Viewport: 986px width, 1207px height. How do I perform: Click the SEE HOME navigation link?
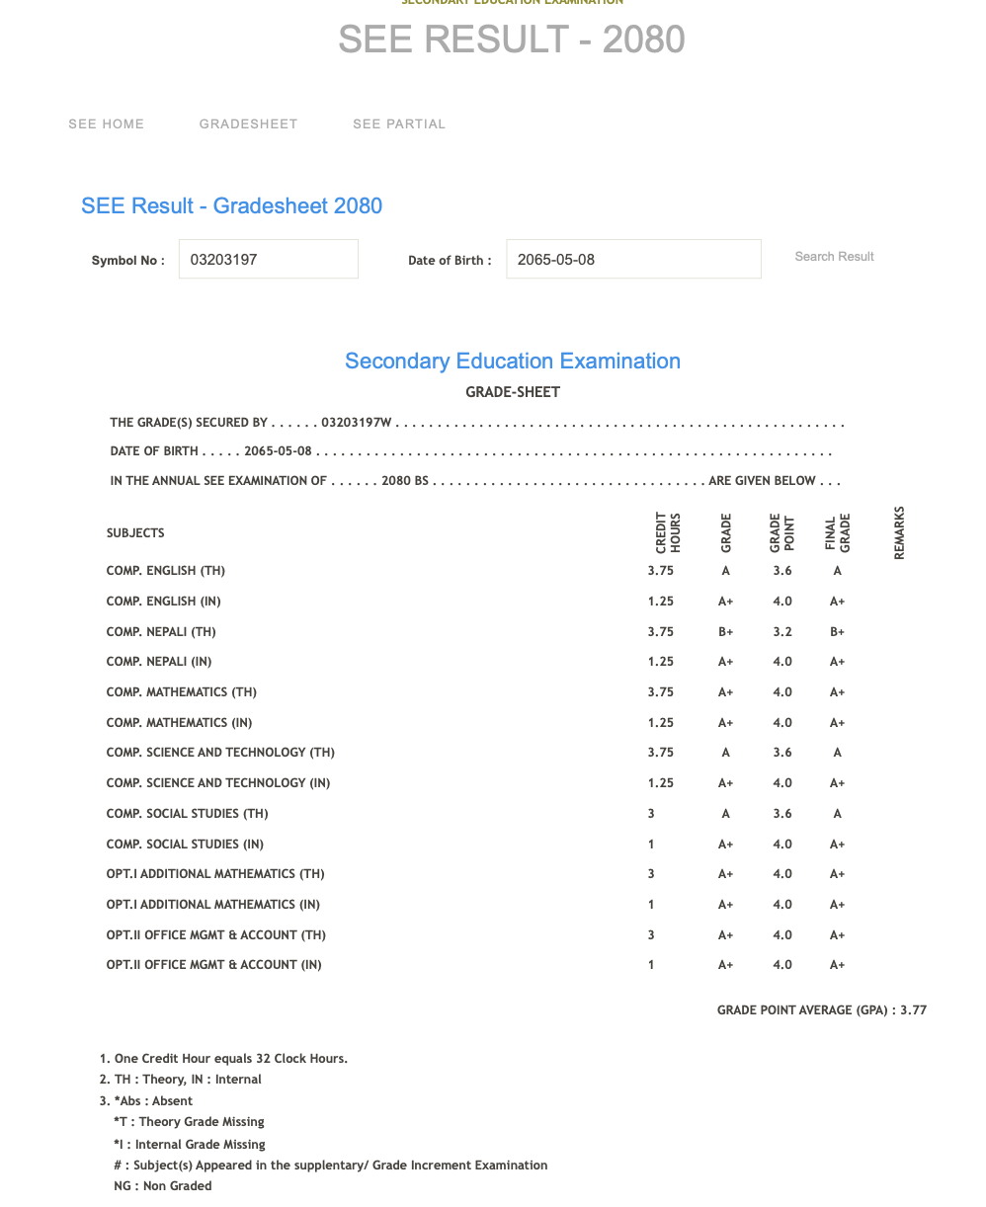pos(106,124)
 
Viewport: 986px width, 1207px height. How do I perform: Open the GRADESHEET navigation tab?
pos(248,124)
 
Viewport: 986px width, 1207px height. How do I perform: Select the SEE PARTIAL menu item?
pos(399,124)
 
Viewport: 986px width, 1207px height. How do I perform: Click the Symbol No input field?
pos(268,259)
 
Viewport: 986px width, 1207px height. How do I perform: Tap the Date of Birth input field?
pos(632,259)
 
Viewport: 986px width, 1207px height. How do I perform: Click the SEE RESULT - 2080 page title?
pos(511,40)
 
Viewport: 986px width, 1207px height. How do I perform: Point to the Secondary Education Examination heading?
pos(512,362)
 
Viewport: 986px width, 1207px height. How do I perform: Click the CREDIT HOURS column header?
pos(668,532)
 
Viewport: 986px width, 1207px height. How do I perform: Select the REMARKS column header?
pos(899,533)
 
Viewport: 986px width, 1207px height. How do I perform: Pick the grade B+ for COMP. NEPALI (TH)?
pos(725,632)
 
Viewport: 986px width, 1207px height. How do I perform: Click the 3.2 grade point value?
pos(782,632)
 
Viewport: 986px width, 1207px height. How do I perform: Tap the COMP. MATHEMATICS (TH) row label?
pos(181,692)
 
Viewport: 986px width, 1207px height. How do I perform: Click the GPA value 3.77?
pos(913,1010)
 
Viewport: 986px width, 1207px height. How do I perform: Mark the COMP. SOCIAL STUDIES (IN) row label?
pos(185,845)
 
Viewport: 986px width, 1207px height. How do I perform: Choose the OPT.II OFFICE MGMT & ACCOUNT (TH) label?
pos(215,935)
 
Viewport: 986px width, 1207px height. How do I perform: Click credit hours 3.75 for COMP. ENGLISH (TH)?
pos(660,571)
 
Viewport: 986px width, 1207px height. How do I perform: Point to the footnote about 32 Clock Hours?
pos(230,1059)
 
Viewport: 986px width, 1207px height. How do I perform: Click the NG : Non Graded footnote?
pos(162,1186)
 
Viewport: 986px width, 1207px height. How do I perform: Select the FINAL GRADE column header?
pos(837,533)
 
